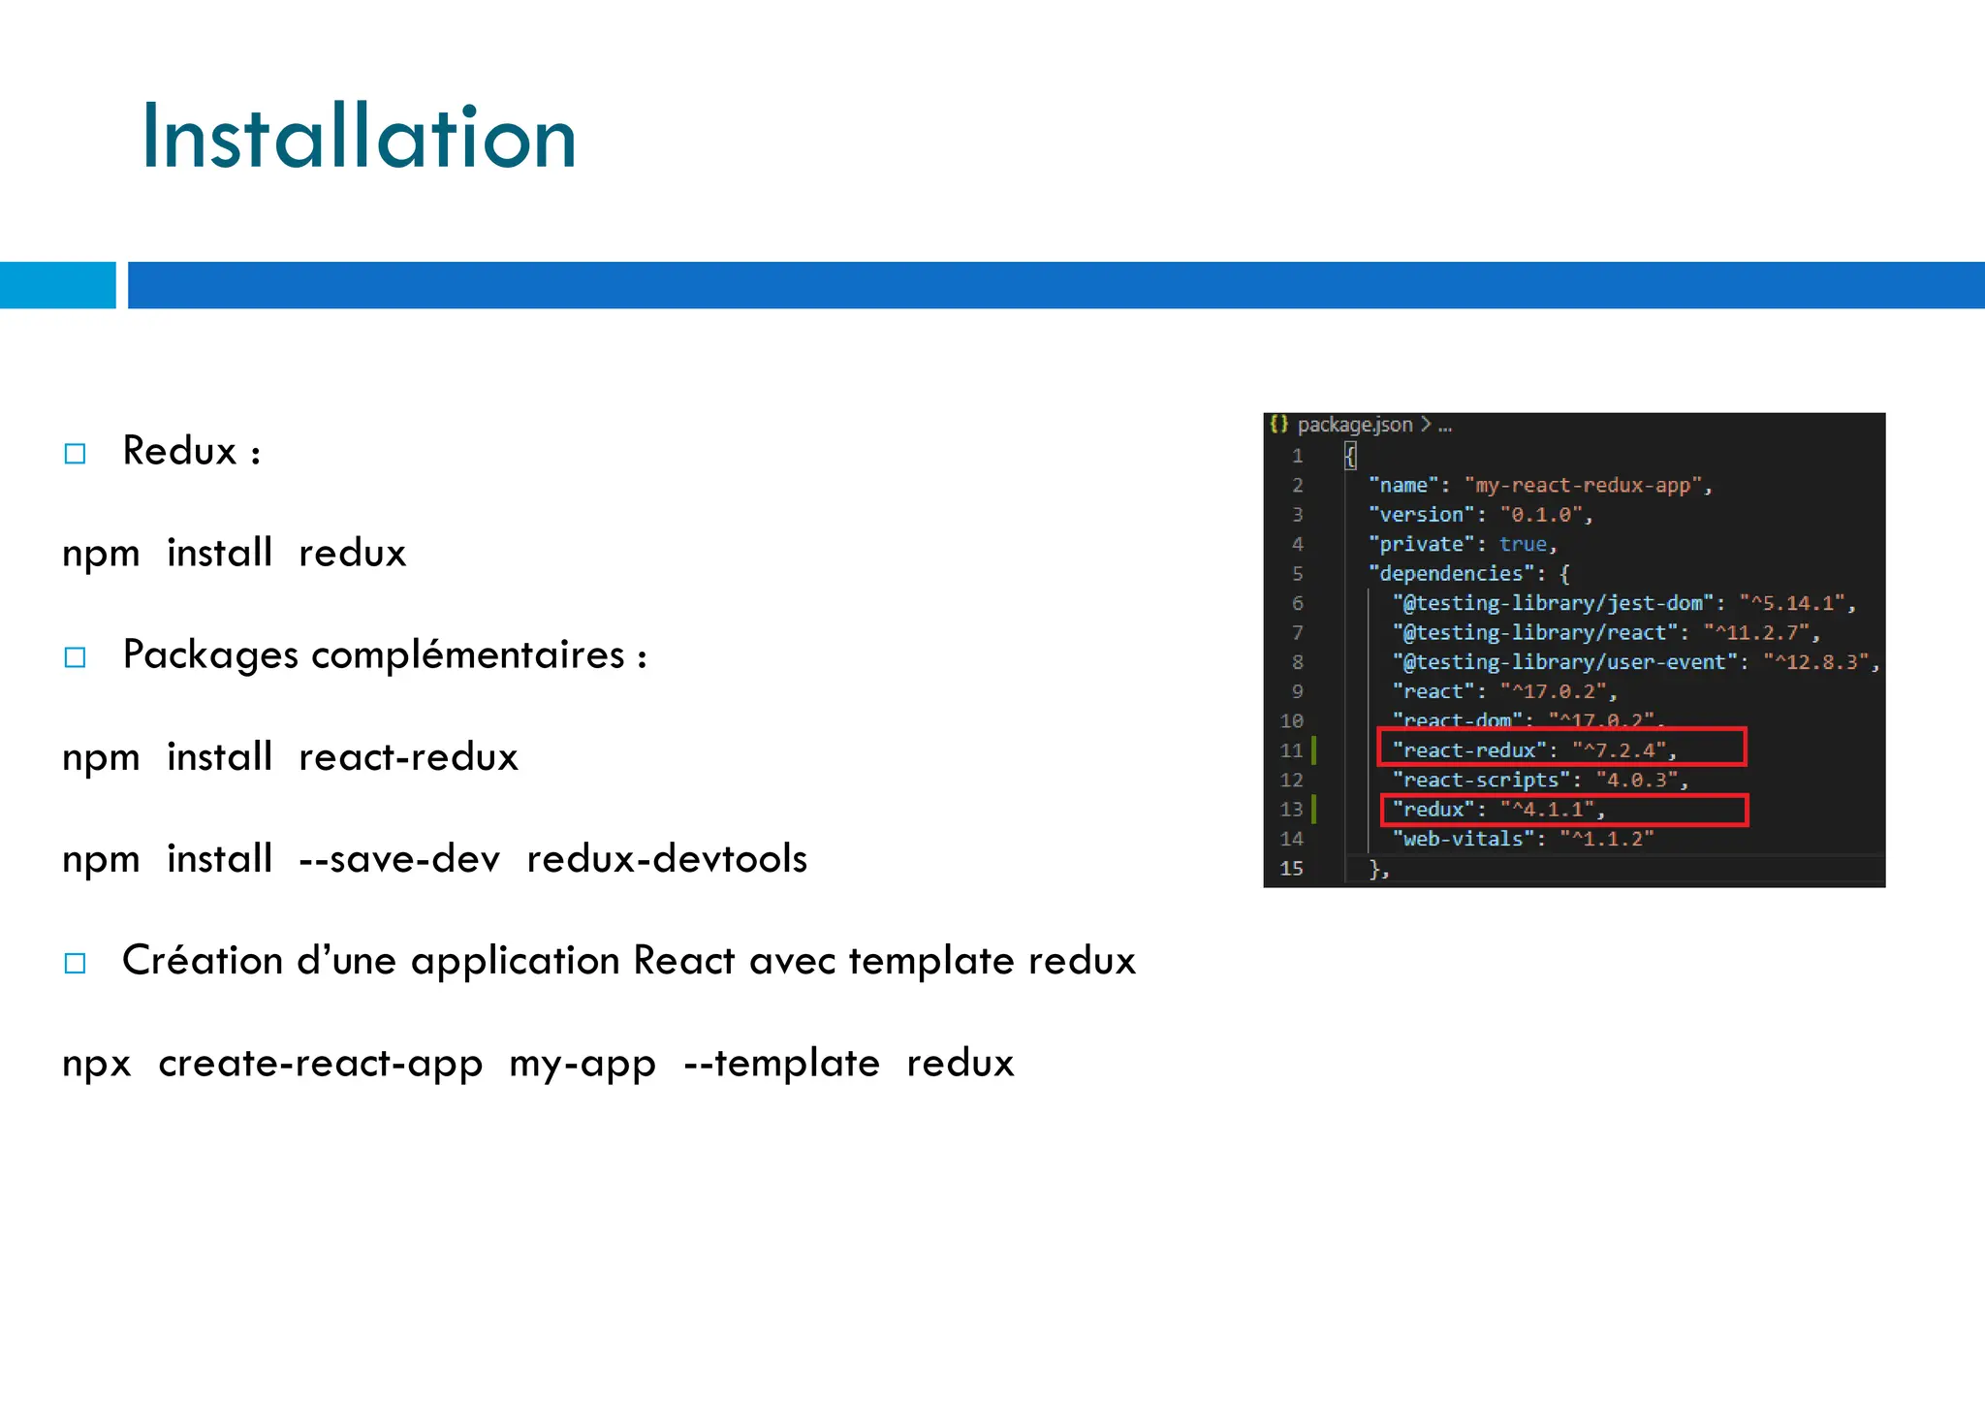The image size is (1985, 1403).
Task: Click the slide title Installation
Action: pos(359,138)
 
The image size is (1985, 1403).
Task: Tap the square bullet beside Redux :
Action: pos(75,454)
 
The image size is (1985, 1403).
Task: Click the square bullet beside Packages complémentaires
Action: pos(75,657)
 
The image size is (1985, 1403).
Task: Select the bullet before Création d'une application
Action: pos(75,963)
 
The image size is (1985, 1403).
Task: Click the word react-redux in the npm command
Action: pos(408,757)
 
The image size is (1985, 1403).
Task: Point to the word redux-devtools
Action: pos(667,859)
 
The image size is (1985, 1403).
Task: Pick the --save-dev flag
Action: pos(399,859)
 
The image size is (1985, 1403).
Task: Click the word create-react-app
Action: pos(320,1064)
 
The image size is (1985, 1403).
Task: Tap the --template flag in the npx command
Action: pos(781,1064)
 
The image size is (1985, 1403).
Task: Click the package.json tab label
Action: pos(1354,425)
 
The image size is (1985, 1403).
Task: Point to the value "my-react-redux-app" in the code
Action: pos(1587,485)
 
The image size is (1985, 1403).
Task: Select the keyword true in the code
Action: pos(1523,544)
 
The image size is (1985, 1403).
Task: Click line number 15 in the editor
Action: pos(1291,869)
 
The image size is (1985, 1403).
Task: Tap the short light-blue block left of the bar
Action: pos(57,285)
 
